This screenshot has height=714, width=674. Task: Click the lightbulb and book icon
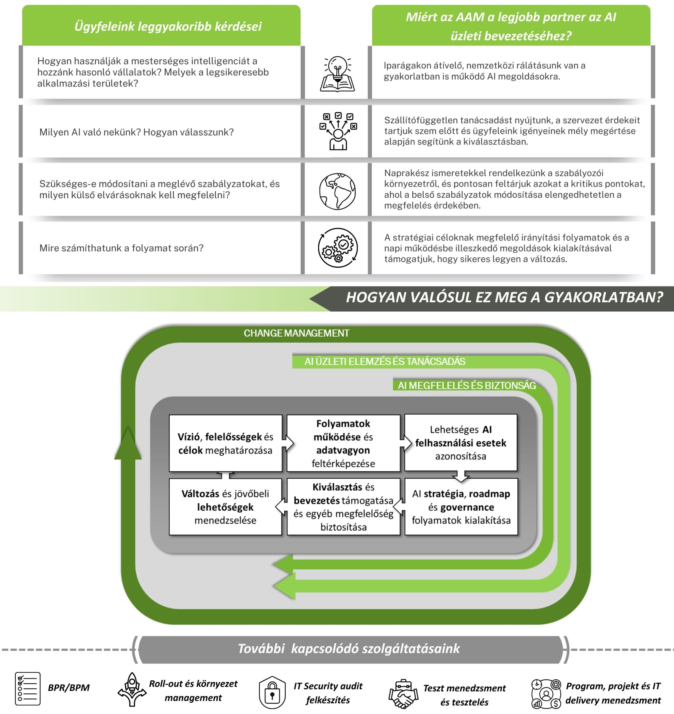(337, 74)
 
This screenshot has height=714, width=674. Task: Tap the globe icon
(337, 191)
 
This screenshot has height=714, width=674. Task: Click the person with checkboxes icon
(338, 131)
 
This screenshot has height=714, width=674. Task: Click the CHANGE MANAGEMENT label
(296, 333)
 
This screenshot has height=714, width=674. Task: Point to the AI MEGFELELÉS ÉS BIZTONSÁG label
(466, 386)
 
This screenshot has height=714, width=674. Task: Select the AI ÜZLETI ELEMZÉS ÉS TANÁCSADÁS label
(385, 361)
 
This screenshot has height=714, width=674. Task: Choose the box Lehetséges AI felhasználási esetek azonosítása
(461, 443)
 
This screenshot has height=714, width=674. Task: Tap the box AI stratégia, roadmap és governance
(461, 507)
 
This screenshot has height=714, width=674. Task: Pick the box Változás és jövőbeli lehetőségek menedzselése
(225, 507)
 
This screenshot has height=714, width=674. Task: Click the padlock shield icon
(272, 693)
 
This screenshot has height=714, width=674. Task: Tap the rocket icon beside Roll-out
(132, 689)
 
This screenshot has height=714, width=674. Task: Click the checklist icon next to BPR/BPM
(28, 689)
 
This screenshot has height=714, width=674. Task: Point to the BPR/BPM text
(69, 688)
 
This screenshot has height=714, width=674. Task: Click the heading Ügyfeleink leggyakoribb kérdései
(168, 26)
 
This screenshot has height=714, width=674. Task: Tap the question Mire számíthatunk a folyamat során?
(121, 248)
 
